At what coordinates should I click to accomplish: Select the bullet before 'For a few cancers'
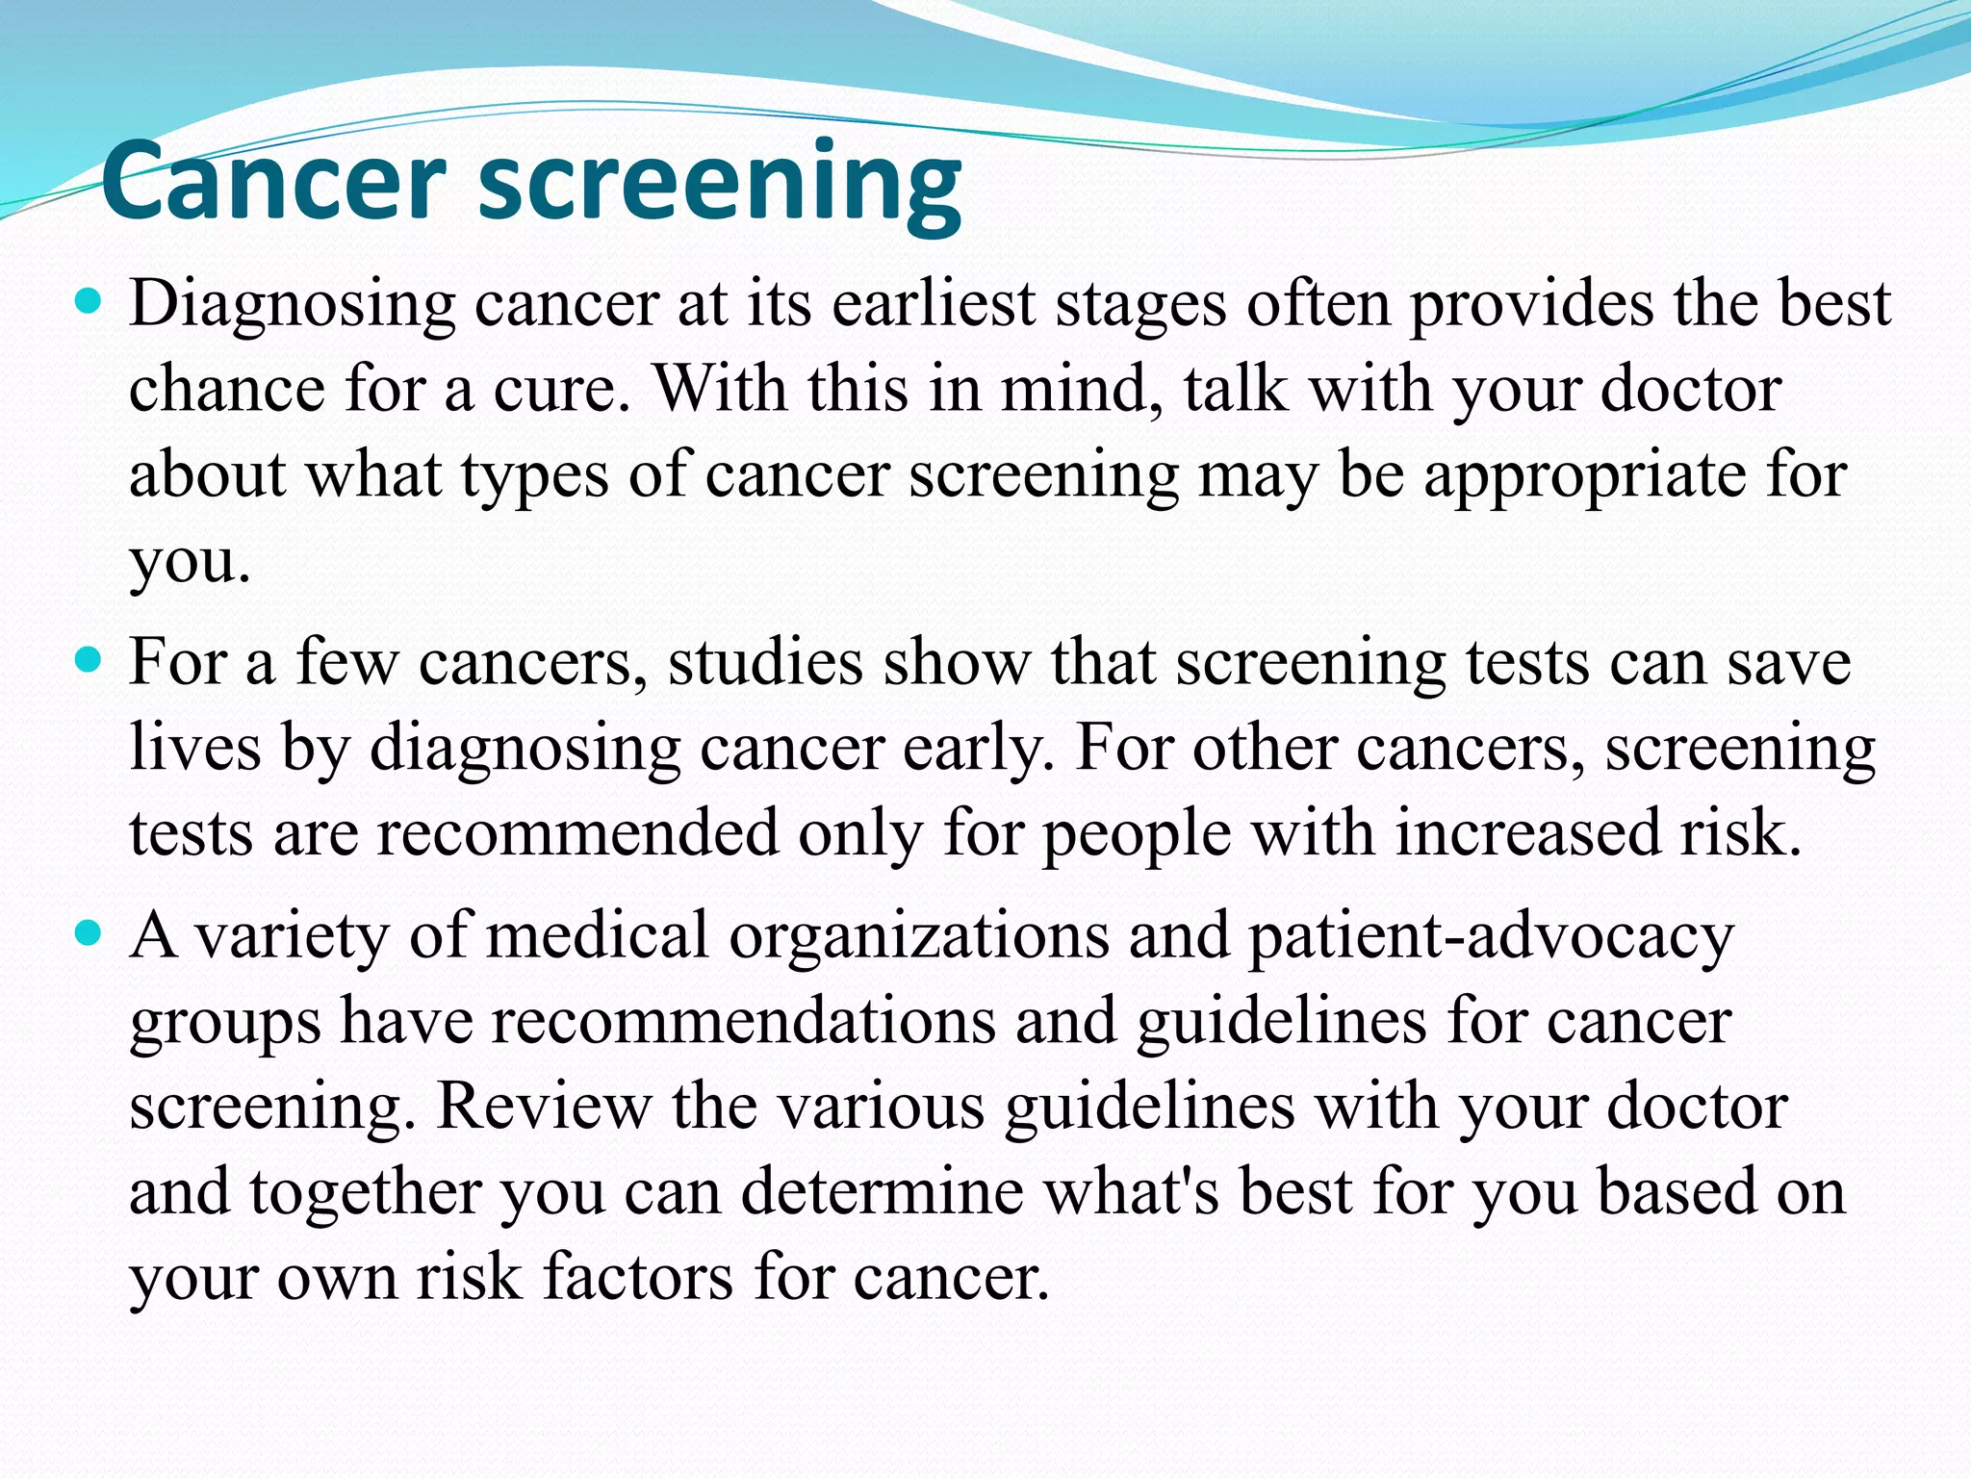pyautogui.click(x=88, y=662)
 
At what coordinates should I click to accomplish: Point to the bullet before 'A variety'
pyautogui.click(x=88, y=933)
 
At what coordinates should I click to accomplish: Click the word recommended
pyautogui.click(x=577, y=833)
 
